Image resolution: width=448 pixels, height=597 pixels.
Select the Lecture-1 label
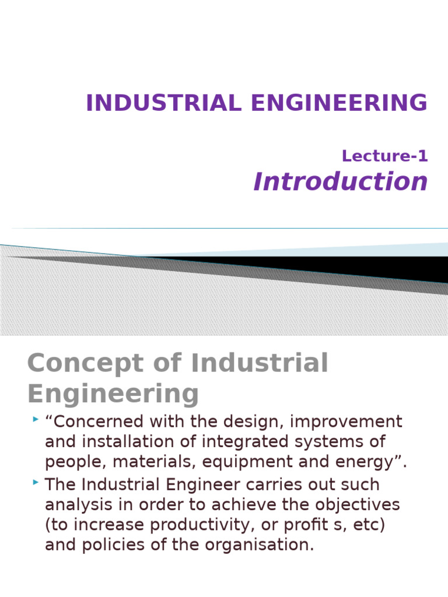385,156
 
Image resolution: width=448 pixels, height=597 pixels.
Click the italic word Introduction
341,182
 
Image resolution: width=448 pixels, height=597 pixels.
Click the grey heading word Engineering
113,394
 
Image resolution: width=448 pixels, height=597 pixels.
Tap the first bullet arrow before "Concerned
36,419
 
